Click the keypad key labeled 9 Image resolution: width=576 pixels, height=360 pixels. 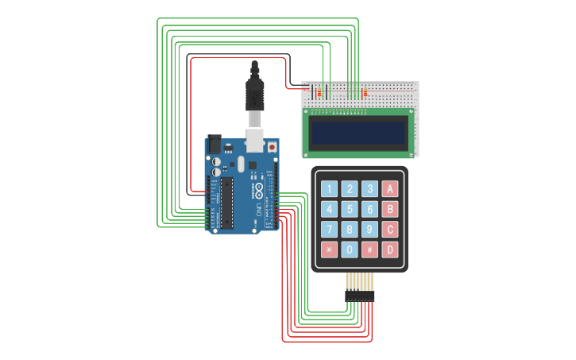coord(369,230)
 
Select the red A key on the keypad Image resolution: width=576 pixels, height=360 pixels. coord(389,189)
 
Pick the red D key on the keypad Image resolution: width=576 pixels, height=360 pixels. coord(389,250)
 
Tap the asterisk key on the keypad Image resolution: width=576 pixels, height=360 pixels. coord(329,250)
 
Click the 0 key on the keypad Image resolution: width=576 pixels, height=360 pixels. coord(350,250)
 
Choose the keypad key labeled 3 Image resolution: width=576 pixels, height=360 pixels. coord(369,189)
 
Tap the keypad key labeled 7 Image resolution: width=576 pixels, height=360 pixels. coord(329,230)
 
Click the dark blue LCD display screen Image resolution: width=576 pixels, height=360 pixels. coord(358,133)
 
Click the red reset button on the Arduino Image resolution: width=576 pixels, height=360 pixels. coord(272,147)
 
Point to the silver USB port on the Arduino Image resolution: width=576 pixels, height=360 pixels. coord(254,140)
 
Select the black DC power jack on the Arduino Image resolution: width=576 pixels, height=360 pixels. coord(214,145)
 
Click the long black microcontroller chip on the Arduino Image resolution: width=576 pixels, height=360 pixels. coord(226,203)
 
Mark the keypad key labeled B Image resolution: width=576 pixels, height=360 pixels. coord(389,209)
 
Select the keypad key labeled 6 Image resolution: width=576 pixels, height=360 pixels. coord(369,209)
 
